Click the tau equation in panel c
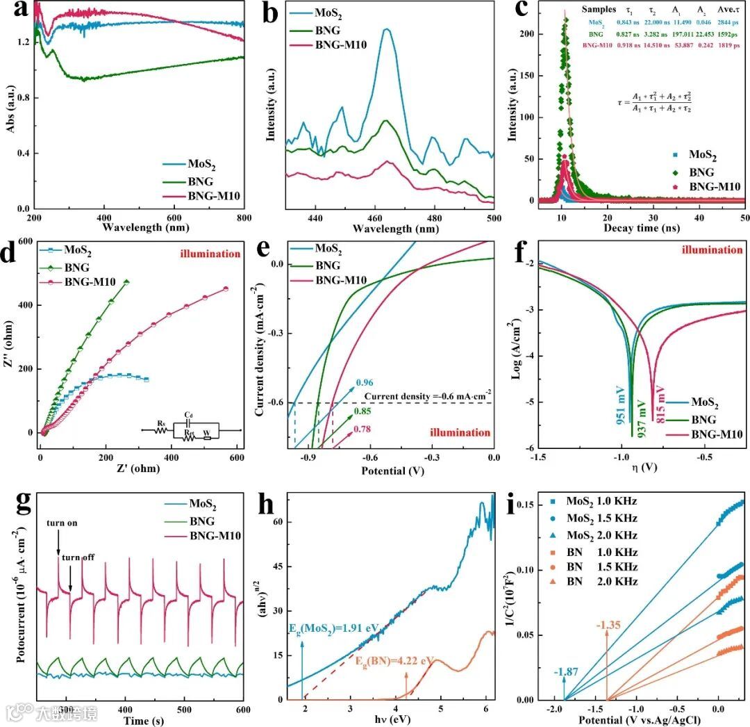tap(650, 101)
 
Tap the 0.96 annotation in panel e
tap(365, 382)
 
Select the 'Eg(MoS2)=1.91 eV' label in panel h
tap(335, 628)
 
